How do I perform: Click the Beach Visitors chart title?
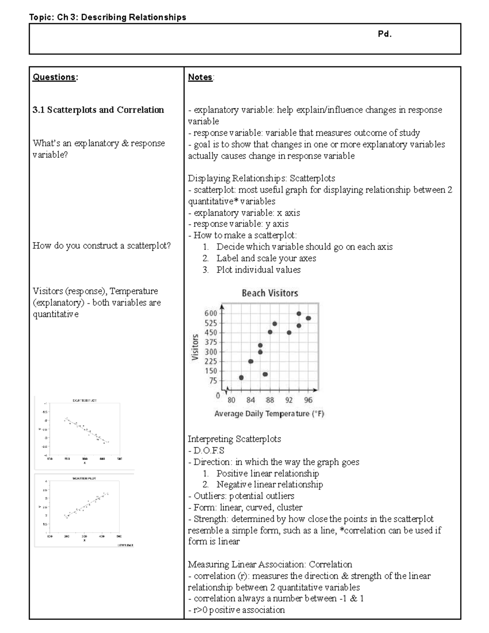coord(270,293)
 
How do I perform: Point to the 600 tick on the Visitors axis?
coord(211,313)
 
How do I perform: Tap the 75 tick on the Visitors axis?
coord(213,381)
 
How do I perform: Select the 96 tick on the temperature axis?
coord(308,400)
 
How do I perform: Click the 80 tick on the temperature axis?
coord(231,400)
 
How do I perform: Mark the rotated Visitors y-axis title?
coord(195,347)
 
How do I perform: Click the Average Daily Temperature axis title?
coord(269,414)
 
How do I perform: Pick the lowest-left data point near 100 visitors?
coord(241,377)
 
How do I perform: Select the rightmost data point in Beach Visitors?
coord(308,318)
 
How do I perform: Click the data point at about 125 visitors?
coord(265,374)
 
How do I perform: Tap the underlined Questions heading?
coord(55,77)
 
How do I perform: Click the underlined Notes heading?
coord(200,77)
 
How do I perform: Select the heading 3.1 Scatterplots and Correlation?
coord(98,110)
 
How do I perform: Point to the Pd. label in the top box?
coord(384,34)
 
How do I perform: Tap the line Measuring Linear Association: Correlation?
coord(270,565)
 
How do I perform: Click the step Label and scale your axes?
coord(266,258)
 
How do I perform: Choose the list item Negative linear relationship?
coord(269,485)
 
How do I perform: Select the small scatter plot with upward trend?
coord(85,509)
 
